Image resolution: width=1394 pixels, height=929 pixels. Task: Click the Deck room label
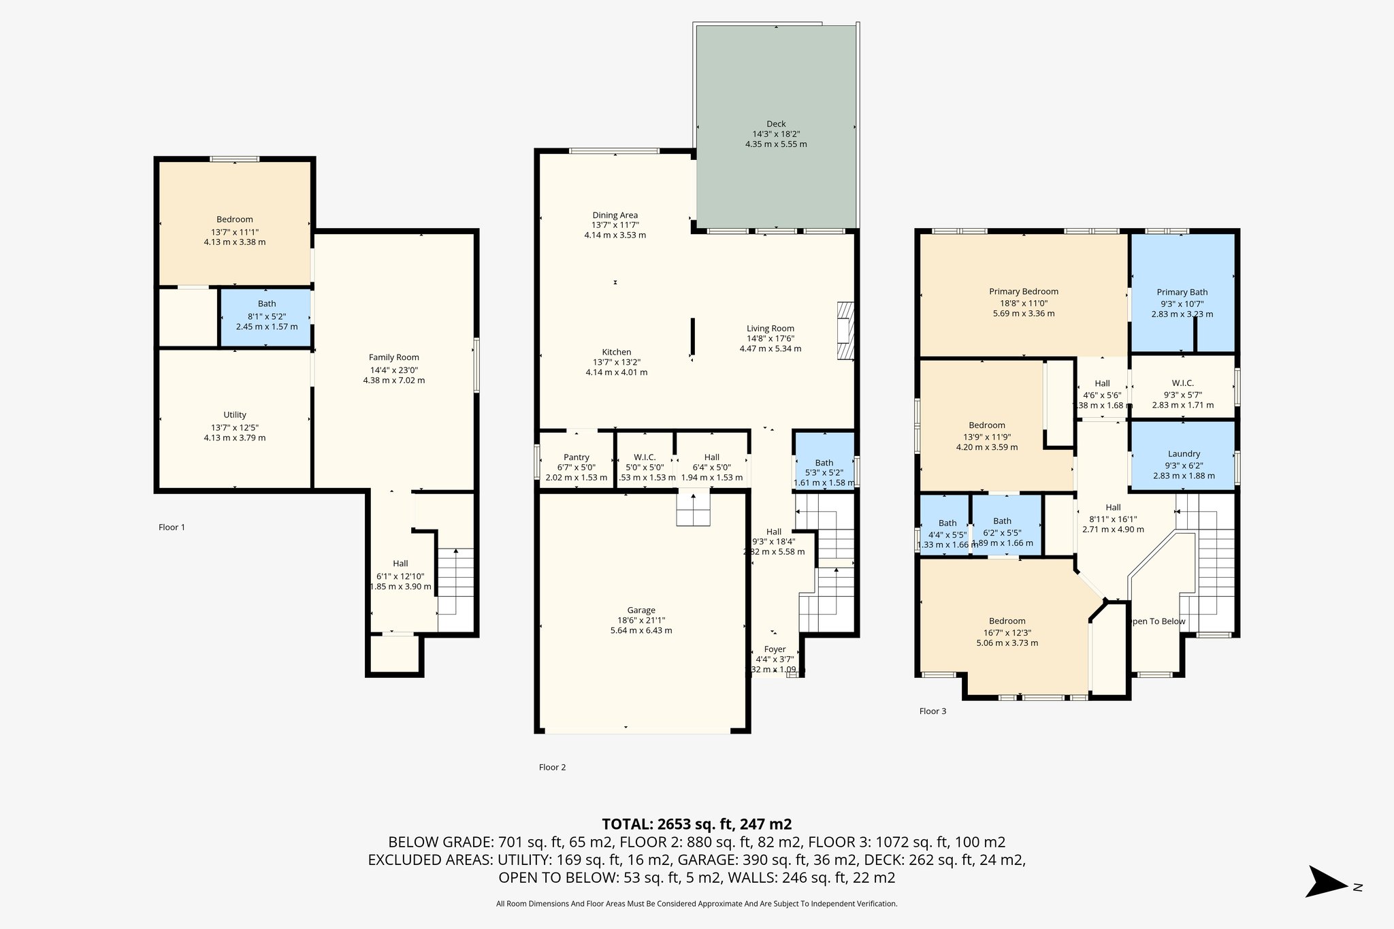tap(776, 124)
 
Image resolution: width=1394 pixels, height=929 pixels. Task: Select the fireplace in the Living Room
tap(845, 331)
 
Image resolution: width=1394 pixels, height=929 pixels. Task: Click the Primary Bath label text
tap(1182, 292)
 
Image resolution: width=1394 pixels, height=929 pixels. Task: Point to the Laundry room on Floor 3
tap(1183, 455)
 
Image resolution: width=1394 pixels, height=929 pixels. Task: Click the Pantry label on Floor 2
tap(576, 457)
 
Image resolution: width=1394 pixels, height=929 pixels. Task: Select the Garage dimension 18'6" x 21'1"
tap(641, 620)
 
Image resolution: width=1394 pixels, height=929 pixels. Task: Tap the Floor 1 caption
tap(172, 527)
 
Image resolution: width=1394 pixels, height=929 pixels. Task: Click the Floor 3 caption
tap(933, 711)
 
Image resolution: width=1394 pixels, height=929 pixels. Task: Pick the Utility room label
tap(235, 415)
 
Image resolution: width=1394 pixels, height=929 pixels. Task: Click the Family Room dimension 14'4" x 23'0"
tap(393, 370)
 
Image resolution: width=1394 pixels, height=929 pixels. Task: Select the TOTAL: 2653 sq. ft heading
tap(696, 824)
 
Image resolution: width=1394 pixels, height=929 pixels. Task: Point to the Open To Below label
tap(1157, 621)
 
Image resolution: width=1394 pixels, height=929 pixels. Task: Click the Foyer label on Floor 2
tap(775, 649)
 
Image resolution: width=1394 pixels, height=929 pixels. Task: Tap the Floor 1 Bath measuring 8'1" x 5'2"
tap(267, 315)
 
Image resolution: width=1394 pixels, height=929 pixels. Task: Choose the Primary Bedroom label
tap(1023, 291)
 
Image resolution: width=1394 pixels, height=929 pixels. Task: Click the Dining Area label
tap(615, 215)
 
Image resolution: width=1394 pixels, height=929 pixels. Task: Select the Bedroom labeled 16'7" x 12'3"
tap(1007, 632)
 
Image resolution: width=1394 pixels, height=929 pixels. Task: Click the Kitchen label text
tap(616, 352)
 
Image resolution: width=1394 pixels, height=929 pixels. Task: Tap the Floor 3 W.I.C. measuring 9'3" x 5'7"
tap(1182, 393)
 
